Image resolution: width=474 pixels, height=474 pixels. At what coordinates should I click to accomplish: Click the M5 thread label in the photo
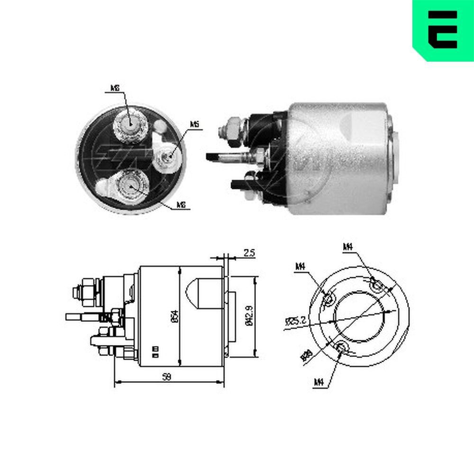pyautogui.click(x=194, y=124)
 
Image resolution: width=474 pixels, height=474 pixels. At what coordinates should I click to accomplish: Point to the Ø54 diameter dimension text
pyautogui.click(x=174, y=316)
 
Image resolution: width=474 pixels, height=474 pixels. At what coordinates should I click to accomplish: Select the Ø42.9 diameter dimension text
pyautogui.click(x=249, y=316)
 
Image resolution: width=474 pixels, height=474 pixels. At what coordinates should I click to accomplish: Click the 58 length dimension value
pyautogui.click(x=166, y=376)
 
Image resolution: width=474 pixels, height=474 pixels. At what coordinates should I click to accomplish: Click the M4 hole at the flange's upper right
pyautogui.click(x=376, y=286)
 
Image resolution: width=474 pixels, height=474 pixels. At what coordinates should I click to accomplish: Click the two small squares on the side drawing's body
pyautogui.click(x=155, y=351)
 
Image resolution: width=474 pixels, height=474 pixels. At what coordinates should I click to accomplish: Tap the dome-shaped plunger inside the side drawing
pyautogui.click(x=200, y=292)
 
